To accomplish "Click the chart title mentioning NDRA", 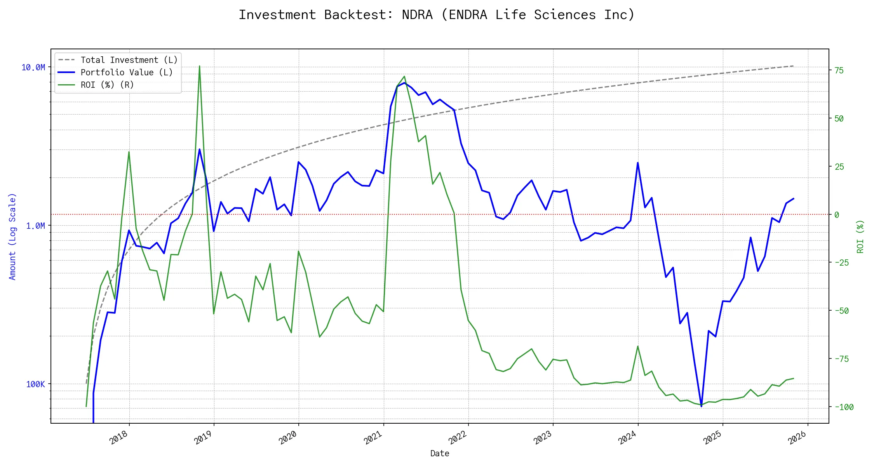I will coord(437,15).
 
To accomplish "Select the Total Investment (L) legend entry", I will coord(129,60).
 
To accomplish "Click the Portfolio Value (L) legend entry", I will coord(126,73).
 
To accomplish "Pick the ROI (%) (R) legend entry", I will coord(107,85).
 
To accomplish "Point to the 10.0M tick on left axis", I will coord(33,68).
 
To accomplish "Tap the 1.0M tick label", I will coord(35,226).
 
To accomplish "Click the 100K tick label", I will coord(35,384).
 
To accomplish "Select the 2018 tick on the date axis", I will coord(119,438).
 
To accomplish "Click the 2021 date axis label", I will coord(373,438).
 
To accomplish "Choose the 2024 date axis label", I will coord(627,438).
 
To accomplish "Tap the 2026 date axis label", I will coord(797,438).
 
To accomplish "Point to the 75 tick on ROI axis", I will coord(839,71).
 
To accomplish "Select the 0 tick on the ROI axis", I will coord(837,215).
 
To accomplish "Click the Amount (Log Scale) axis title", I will coord(12,236).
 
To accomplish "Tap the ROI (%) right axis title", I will coord(860,236).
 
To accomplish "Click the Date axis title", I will coord(440,454).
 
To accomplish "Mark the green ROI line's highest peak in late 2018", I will coord(199,66).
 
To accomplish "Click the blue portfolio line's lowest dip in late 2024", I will coord(701,406).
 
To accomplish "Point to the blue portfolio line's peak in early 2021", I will coord(404,83).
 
